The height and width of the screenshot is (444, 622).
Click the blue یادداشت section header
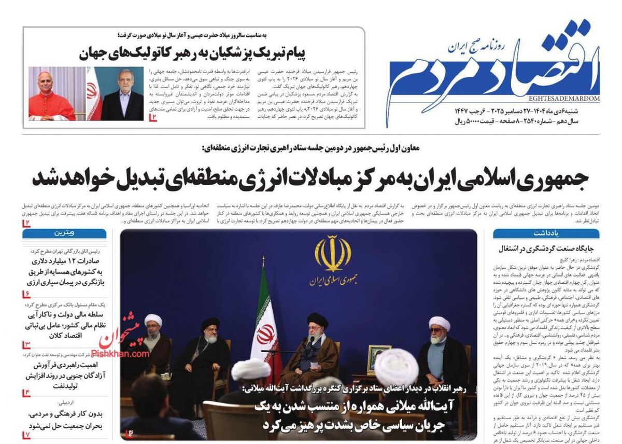pyautogui.click(x=546, y=233)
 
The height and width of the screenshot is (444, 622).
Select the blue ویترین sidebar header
pyautogui.click(x=64, y=233)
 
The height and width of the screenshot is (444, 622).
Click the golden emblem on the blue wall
pyautogui.click(x=332, y=254)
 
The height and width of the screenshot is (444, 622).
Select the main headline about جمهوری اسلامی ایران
pyautogui.click(x=311, y=178)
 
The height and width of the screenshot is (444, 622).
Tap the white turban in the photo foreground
pyautogui.click(x=396, y=366)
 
